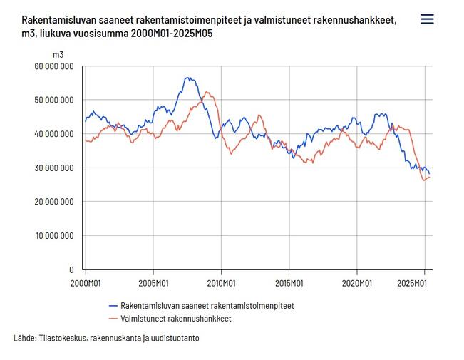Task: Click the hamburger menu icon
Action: coord(427,19)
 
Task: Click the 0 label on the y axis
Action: coord(71,270)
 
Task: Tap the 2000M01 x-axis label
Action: coord(86,283)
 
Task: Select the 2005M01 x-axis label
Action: coord(153,283)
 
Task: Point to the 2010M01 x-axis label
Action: coord(221,283)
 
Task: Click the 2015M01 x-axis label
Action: coord(289,283)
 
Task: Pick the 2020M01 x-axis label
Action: coord(356,283)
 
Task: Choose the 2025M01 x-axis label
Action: coord(424,283)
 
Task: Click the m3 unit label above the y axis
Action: coord(58,53)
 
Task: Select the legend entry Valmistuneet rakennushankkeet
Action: coord(175,319)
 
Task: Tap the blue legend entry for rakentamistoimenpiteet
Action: coord(207,305)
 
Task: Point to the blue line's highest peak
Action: coord(187,78)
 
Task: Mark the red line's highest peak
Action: coord(207,92)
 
